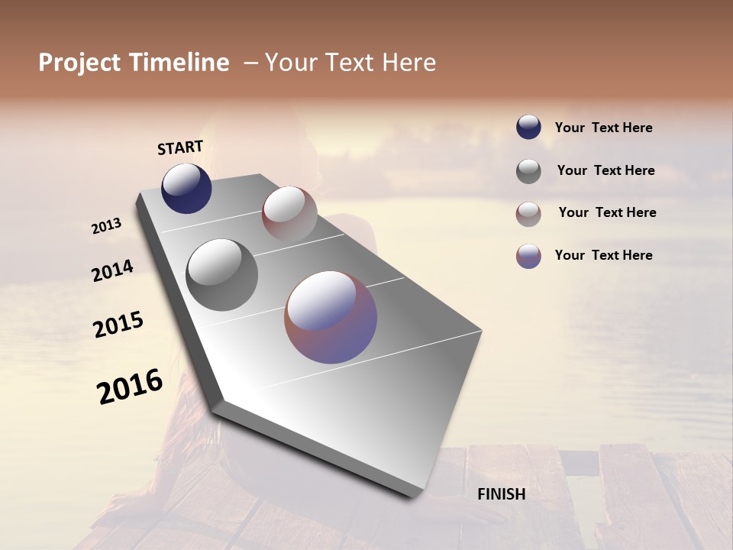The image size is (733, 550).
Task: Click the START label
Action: tap(180, 147)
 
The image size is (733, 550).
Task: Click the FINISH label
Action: tap(502, 494)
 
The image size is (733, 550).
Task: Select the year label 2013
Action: tap(107, 226)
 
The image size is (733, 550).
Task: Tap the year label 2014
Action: tap(112, 270)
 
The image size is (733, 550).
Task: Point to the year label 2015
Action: tap(118, 325)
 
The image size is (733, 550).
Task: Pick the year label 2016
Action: tap(130, 387)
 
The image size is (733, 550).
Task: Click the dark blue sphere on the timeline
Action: tap(186, 188)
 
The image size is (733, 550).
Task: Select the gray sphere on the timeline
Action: tap(221, 275)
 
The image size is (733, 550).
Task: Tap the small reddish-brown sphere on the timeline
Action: tap(289, 213)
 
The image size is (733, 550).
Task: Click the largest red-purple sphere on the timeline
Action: tap(331, 317)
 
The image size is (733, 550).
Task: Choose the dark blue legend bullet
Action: tap(528, 128)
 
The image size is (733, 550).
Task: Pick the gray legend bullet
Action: tap(528, 171)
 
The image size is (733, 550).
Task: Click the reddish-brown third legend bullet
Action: tap(528, 214)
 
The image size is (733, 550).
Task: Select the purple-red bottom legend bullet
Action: tap(528, 256)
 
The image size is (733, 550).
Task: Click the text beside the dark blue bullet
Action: tap(603, 128)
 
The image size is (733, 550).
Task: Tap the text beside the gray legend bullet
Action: tap(605, 170)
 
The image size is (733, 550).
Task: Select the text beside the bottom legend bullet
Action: tap(603, 255)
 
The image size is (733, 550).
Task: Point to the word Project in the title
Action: tap(79, 63)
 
